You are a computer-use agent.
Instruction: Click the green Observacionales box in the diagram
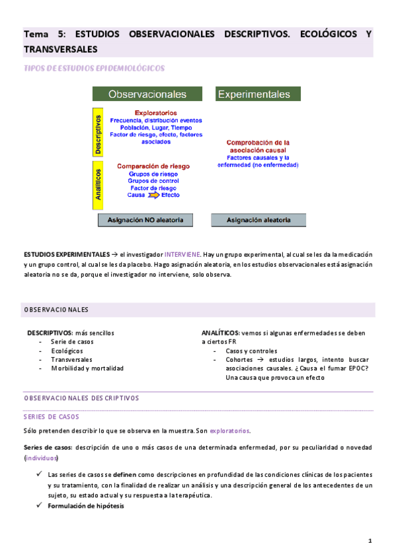click(x=147, y=94)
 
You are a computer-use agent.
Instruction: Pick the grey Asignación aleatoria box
click(x=258, y=219)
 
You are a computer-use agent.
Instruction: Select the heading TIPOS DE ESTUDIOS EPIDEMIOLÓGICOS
click(x=94, y=68)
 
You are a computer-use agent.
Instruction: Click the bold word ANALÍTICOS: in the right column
click(x=221, y=333)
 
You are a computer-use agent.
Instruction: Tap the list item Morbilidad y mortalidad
click(x=87, y=368)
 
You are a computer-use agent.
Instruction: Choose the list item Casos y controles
click(x=251, y=351)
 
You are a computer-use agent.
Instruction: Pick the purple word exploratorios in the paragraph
click(x=229, y=431)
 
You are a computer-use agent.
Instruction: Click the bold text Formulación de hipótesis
click(x=85, y=506)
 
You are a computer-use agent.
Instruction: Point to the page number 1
click(x=370, y=541)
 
